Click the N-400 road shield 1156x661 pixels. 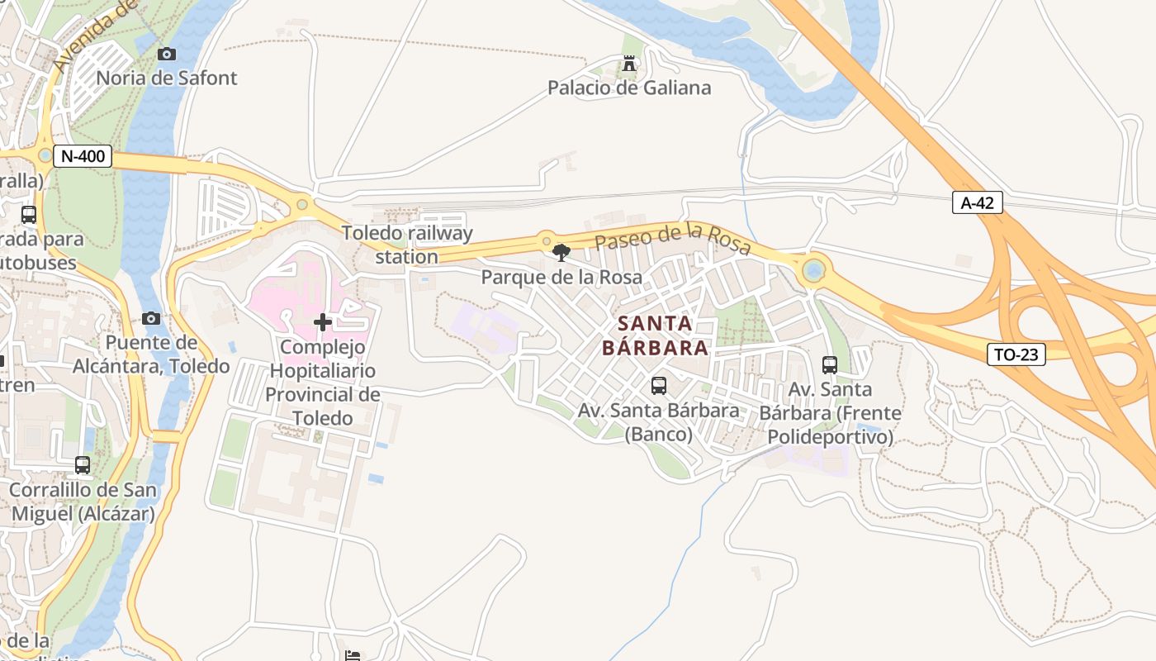83,156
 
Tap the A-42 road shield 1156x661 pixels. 978,203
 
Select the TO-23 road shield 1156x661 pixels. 1016,354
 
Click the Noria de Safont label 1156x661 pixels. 167,78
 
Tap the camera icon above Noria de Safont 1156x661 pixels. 167,54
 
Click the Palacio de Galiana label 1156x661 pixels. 629,88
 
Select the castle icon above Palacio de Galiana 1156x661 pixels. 629,63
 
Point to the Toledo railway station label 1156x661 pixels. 408,245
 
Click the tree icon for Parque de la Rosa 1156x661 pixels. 561,253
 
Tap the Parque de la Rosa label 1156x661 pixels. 561,278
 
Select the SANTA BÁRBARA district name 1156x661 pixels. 655,335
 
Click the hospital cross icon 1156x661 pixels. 323,322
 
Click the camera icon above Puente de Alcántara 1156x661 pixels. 150,319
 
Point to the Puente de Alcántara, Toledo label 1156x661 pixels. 152,354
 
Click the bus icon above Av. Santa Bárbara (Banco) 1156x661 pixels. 658,385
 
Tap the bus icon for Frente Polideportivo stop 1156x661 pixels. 830,364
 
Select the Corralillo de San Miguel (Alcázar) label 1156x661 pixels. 82,502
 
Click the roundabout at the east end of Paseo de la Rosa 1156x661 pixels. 814,270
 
